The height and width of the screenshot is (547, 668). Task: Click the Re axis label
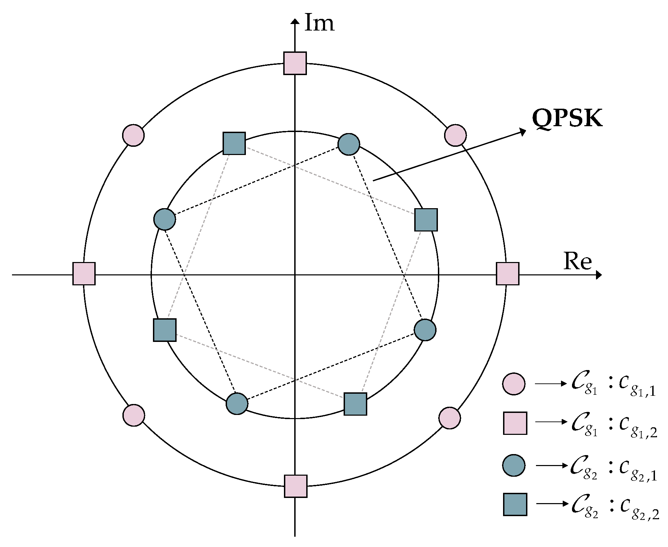click(577, 262)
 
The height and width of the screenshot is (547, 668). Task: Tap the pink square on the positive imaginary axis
click(295, 63)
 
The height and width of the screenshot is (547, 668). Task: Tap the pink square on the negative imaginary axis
click(296, 486)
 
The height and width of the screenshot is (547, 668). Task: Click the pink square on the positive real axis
click(508, 274)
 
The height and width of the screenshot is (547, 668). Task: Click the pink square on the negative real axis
click(84, 274)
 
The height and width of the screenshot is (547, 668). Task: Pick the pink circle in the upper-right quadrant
click(455, 135)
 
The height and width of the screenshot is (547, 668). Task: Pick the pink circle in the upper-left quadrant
click(133, 135)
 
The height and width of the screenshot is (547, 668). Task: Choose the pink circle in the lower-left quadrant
click(133, 415)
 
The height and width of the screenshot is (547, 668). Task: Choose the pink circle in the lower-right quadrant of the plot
click(450, 418)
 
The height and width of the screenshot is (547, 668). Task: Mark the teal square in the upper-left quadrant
click(234, 143)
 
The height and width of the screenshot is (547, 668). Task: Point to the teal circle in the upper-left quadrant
click(165, 219)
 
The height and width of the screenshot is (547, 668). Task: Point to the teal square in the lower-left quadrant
click(165, 330)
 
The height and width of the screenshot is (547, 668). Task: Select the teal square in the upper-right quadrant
click(426, 220)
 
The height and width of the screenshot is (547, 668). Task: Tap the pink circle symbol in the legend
click(514, 384)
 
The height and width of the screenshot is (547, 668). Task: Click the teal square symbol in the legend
click(515, 504)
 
